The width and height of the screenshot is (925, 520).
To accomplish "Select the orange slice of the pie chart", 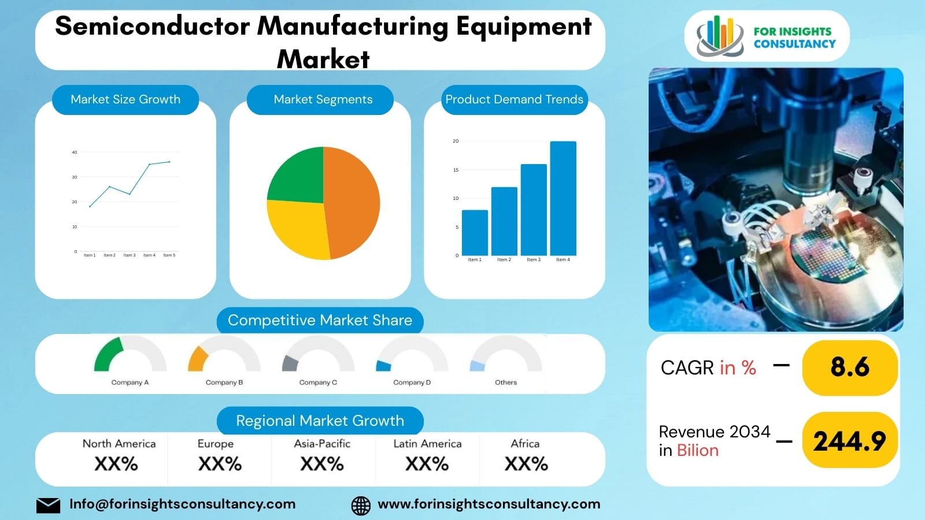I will (353, 202).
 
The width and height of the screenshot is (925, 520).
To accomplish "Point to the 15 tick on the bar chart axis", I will (456, 170).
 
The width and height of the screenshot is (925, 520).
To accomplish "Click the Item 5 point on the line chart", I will (169, 162).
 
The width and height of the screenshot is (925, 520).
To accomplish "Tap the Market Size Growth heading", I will (125, 99).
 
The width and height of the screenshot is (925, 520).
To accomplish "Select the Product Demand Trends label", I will (514, 99).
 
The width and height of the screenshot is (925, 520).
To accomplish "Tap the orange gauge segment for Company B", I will (197, 359).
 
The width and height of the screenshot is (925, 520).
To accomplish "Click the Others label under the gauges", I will (506, 382).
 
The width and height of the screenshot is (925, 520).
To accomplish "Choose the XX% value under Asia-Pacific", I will (322, 463).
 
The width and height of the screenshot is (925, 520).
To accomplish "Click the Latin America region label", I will (427, 444).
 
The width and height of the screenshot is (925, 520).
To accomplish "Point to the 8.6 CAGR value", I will (849, 367).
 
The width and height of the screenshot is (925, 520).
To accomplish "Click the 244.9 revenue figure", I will (849, 441).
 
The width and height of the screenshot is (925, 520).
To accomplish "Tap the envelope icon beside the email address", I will (48, 505).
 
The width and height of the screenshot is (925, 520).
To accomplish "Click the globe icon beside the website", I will (361, 505).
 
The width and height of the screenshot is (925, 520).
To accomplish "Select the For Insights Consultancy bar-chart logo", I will (720, 36).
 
